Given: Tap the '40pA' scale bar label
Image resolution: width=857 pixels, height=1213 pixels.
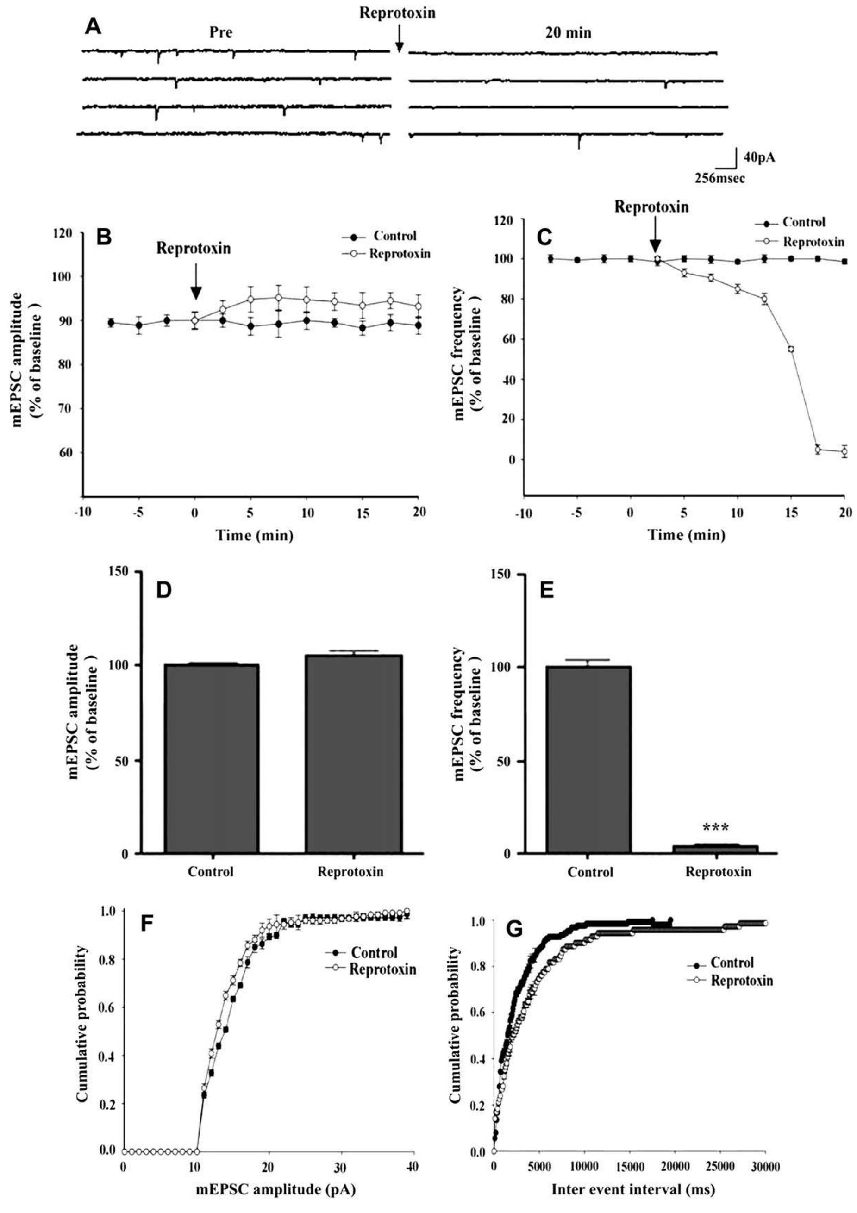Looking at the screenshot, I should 760,157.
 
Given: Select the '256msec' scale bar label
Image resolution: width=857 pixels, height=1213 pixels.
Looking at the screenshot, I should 719,179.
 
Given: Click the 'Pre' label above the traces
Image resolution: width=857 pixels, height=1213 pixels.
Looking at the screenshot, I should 220,33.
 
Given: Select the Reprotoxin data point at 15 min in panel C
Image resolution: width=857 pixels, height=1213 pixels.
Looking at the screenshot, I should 791,349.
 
